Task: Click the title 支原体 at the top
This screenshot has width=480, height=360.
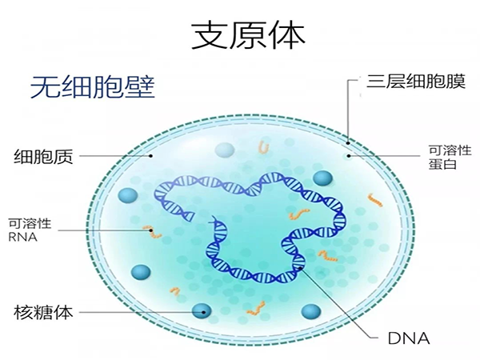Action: pyautogui.click(x=248, y=35)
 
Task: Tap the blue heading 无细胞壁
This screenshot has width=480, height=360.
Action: pyautogui.click(x=93, y=87)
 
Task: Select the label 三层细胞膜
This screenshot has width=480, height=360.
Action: pyautogui.click(x=416, y=82)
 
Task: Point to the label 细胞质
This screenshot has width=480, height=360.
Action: pyautogui.click(x=43, y=157)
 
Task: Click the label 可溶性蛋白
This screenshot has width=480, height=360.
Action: pyautogui.click(x=450, y=158)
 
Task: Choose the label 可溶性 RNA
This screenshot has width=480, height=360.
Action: pyautogui.click(x=30, y=230)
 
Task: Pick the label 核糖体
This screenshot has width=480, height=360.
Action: pyautogui.click(x=43, y=312)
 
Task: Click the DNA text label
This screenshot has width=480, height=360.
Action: pyautogui.click(x=409, y=338)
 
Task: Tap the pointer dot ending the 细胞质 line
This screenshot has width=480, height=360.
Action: pyautogui.click(x=150, y=156)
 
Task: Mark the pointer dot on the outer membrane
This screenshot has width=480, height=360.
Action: pyautogui.click(x=348, y=143)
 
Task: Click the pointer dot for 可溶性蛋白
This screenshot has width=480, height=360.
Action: pyautogui.click(x=348, y=156)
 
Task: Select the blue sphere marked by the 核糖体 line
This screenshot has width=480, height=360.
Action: pyautogui.click(x=202, y=312)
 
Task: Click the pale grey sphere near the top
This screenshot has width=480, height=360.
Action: pyautogui.click(x=224, y=150)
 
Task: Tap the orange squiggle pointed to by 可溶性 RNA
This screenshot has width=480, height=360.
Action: pyautogui.click(x=152, y=232)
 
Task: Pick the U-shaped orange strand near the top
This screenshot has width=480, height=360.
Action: pyautogui.click(x=264, y=146)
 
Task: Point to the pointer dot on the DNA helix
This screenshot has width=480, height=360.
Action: pyautogui.click(x=301, y=268)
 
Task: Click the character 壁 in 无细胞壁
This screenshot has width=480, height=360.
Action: pyautogui.click(x=140, y=87)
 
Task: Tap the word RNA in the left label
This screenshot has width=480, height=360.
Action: pyautogui.click(x=22, y=238)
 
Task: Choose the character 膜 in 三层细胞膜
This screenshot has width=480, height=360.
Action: pyautogui.click(x=456, y=82)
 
